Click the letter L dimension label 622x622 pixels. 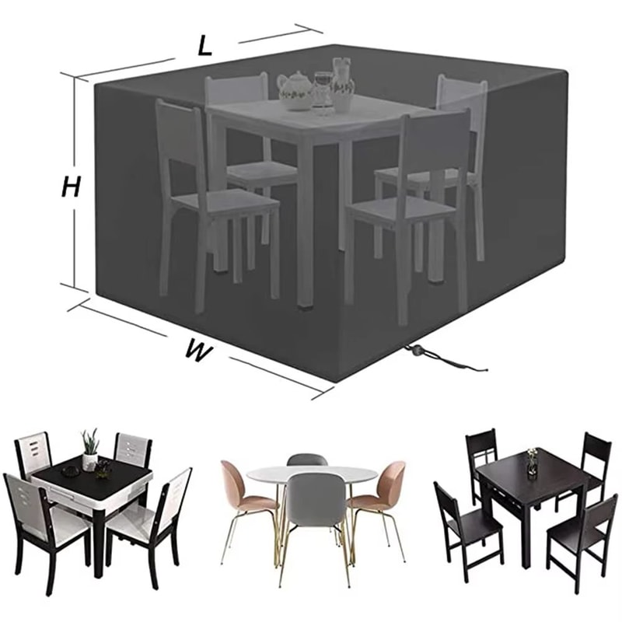(x=204, y=46)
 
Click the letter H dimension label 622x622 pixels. (x=72, y=187)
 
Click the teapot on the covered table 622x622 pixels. (x=294, y=89)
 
